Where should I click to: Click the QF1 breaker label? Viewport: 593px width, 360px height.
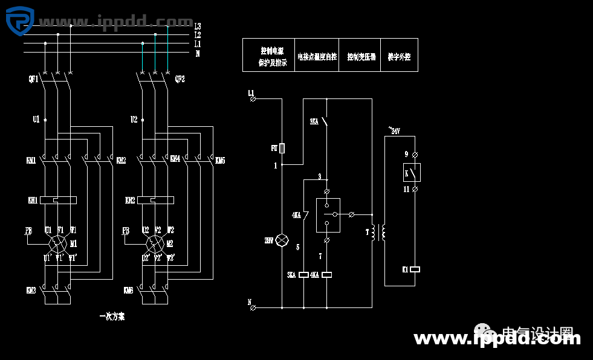pyautogui.click(x=33, y=79)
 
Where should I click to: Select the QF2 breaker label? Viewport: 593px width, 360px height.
pyautogui.click(x=180, y=79)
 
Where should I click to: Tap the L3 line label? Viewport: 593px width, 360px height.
pyautogui.click(x=198, y=27)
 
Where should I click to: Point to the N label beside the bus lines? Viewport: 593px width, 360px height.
pyautogui.click(x=198, y=54)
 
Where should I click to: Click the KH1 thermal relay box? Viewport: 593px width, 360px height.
pyautogui.click(x=58, y=200)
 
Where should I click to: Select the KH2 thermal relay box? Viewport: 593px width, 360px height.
pyautogui.click(x=155, y=200)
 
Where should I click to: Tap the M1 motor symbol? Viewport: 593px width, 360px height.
pyautogui.click(x=59, y=244)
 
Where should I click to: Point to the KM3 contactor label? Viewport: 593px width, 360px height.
pyautogui.click(x=31, y=291)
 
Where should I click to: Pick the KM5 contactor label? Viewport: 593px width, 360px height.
pyautogui.click(x=221, y=160)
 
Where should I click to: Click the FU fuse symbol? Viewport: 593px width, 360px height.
pyautogui.click(x=282, y=148)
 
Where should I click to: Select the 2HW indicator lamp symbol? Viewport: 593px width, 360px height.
pyautogui.click(x=282, y=240)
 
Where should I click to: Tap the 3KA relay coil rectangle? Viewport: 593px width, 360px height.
pyautogui.click(x=304, y=275)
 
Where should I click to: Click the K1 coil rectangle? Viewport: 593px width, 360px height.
pyautogui.click(x=415, y=269)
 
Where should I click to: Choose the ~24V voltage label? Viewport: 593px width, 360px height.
pyautogui.click(x=394, y=130)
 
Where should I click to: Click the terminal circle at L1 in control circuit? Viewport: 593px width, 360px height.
pyautogui.click(x=253, y=98)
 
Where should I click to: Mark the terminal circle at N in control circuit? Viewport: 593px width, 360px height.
pyautogui.click(x=253, y=307)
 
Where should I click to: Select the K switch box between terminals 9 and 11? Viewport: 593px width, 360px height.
pyautogui.click(x=412, y=172)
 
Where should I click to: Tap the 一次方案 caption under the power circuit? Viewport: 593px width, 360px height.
pyautogui.click(x=112, y=316)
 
